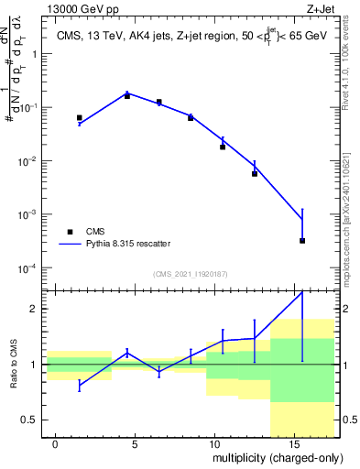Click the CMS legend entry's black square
click(70, 232)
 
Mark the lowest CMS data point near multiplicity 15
click(302, 241)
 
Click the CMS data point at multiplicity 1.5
click(80, 118)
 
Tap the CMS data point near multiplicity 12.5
click(255, 173)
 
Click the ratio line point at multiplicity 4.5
click(127, 352)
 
